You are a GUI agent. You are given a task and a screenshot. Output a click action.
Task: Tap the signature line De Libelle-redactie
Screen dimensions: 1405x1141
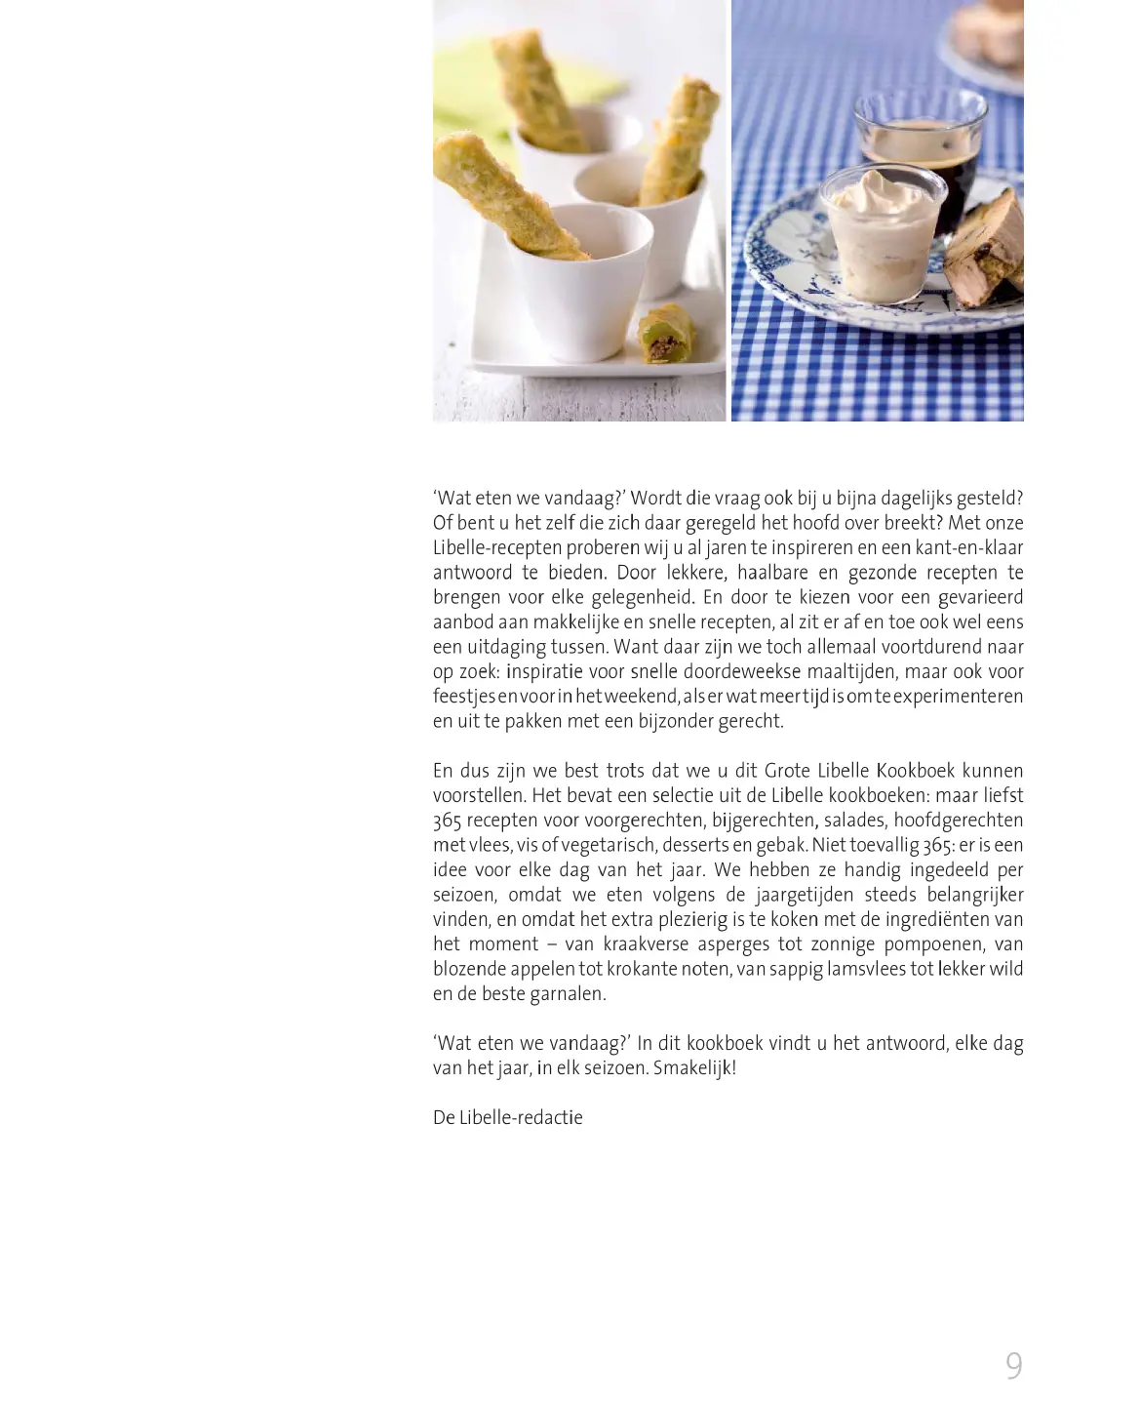coord(507,1117)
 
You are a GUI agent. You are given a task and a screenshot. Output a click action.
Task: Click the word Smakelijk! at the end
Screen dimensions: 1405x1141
coord(694,1067)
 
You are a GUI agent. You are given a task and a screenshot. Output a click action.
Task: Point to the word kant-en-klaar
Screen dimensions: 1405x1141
coord(968,547)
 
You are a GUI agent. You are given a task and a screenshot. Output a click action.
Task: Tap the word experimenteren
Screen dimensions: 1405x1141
coord(958,696)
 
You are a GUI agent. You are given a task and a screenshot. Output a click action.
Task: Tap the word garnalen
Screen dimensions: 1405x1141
coord(568,993)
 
